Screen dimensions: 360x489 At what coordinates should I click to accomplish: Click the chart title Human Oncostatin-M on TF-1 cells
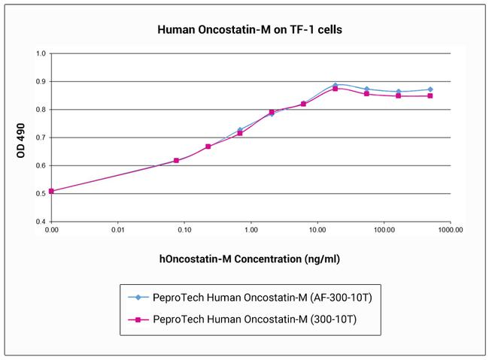251,31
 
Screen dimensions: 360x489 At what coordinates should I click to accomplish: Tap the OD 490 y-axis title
20,138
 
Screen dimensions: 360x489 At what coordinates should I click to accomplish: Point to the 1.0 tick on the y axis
41,53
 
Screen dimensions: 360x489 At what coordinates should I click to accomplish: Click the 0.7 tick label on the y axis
41,138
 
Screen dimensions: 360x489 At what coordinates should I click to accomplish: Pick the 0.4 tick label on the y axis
41,222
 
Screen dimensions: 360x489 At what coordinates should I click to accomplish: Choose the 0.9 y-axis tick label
41,81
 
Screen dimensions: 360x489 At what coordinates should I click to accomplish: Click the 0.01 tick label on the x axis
117,232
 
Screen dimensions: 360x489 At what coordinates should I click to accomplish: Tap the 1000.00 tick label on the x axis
449,232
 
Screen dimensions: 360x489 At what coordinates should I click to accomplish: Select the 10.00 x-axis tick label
317,232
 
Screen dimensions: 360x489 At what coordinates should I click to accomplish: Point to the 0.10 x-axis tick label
184,232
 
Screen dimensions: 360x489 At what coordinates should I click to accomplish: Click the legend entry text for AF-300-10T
263,298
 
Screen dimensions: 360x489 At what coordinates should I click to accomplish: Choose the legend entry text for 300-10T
254,319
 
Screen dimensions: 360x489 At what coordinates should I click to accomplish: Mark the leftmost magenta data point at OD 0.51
51,191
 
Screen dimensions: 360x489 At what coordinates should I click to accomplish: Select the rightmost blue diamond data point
430,89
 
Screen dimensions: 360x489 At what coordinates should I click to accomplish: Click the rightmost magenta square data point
430,95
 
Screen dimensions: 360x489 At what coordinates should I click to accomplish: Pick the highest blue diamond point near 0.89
336,85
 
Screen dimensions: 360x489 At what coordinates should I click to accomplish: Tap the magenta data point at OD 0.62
176,160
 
